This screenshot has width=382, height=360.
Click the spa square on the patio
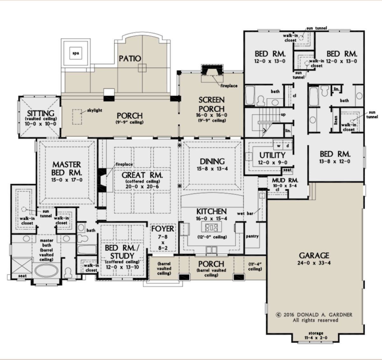click(x=75, y=53)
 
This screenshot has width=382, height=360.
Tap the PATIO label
click(x=130, y=59)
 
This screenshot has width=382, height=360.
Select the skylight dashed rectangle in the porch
click(x=77, y=117)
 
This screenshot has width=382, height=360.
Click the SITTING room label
click(x=40, y=113)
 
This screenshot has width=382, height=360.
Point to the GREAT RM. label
click(x=142, y=175)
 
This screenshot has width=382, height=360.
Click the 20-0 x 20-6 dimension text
click(x=142, y=187)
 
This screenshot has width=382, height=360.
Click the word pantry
click(x=252, y=236)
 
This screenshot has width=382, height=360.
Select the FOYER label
click(x=163, y=229)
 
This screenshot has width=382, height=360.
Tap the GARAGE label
click(x=314, y=256)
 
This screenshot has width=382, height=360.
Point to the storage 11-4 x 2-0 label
click(x=316, y=335)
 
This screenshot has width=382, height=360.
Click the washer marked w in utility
click(x=278, y=146)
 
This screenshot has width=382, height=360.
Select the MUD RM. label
click(x=285, y=181)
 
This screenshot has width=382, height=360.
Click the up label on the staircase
click(x=283, y=115)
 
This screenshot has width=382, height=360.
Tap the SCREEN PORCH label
click(x=211, y=104)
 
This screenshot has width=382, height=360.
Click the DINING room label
click(x=212, y=161)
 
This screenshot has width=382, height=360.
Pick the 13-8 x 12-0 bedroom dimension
click(x=335, y=162)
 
